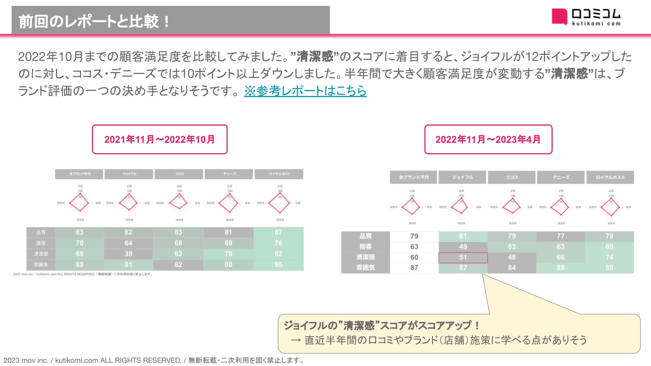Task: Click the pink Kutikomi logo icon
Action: pyautogui.click(x=559, y=17)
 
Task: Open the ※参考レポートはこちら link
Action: pyautogui.click(x=305, y=91)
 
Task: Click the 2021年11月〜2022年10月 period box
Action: pyautogui.click(x=160, y=140)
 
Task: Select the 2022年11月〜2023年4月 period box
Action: pyautogui.click(x=488, y=140)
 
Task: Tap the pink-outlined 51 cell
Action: pyautogui.click(x=463, y=257)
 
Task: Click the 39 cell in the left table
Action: pyautogui.click(x=129, y=254)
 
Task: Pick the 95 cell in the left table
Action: pyautogui.click(x=278, y=265)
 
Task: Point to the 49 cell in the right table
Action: pyautogui.click(x=463, y=247)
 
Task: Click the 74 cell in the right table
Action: pyautogui.click(x=609, y=257)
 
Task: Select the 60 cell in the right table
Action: pyautogui.click(x=414, y=257)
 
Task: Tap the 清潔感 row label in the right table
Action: pyautogui.click(x=366, y=257)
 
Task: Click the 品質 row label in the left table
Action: pyautogui.click(x=41, y=233)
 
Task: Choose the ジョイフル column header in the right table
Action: pyautogui.click(x=463, y=177)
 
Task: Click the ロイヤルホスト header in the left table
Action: pyautogui.click(x=279, y=174)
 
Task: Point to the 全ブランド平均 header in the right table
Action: pyautogui.click(x=414, y=177)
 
